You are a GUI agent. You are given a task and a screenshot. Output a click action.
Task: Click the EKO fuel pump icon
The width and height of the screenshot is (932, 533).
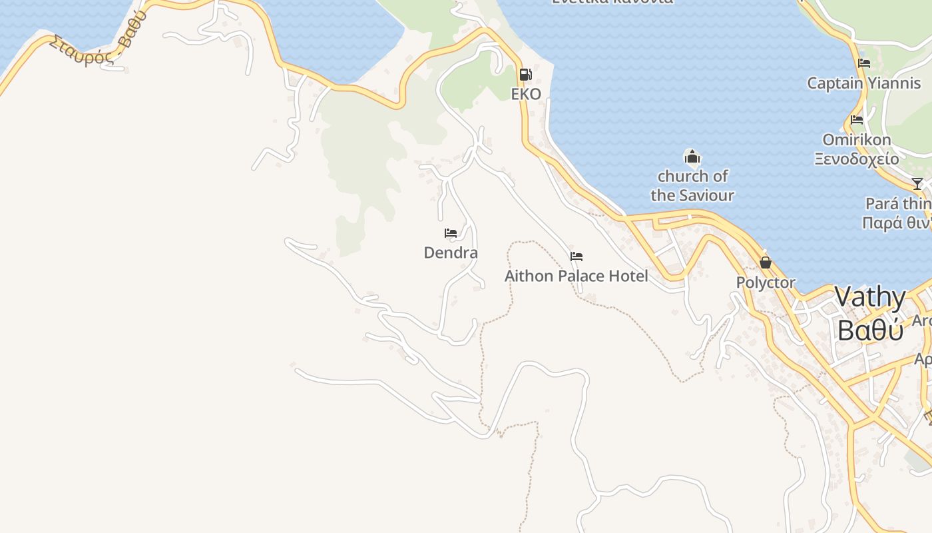525,75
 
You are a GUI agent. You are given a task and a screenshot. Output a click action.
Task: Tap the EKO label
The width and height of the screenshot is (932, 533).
526,94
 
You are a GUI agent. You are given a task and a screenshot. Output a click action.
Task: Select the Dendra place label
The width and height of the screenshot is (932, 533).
451,253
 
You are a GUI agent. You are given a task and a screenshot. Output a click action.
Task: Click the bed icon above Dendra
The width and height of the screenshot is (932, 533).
451,233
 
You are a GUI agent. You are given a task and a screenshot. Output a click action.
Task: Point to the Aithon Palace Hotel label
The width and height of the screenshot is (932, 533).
576,276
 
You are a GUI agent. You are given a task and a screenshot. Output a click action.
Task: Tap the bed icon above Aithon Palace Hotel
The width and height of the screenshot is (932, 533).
577,257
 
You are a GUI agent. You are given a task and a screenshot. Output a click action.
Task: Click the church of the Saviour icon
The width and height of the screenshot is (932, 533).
692,157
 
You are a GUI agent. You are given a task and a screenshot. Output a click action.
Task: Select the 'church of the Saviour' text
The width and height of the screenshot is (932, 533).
692,186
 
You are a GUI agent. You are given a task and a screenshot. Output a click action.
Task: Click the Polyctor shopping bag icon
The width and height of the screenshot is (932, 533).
766,263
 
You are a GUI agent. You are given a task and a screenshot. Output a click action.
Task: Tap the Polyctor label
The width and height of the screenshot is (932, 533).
766,282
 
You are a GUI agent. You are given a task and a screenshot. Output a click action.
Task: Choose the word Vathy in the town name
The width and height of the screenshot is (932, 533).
870,297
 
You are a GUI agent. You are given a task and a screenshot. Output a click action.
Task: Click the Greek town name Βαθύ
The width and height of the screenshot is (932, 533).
870,330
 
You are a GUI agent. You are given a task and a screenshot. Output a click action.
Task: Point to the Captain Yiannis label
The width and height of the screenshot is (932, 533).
864,83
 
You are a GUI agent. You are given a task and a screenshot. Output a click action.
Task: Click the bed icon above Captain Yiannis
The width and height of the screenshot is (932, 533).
864,64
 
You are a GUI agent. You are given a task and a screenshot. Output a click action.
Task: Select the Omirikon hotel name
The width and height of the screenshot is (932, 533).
857,140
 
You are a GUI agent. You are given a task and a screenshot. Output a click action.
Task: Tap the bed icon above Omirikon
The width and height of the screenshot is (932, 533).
857,121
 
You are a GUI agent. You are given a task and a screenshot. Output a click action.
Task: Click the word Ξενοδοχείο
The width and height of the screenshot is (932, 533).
857,159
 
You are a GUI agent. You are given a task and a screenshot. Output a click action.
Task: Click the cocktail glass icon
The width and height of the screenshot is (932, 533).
917,184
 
